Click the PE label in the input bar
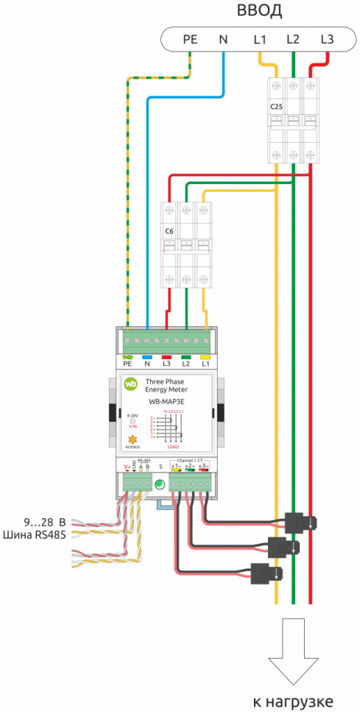(190, 38)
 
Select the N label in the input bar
(224, 38)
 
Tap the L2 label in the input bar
(293, 38)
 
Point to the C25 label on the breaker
(276, 107)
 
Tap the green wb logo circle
(131, 383)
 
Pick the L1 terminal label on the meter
(205, 364)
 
